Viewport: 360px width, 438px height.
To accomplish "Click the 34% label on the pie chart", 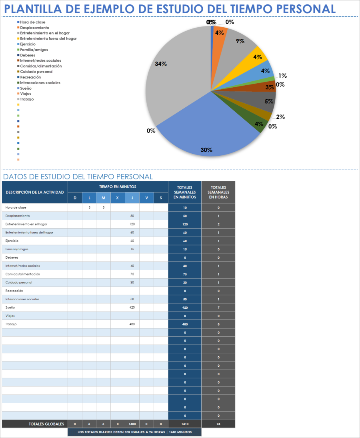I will pyautogui.click(x=161, y=64).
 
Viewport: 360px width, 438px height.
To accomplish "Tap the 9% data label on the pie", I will pyautogui.click(x=240, y=41).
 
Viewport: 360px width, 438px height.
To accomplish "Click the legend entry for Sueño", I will pyautogui.click(x=26, y=88).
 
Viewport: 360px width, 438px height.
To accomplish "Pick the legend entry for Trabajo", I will pyautogui.click(x=27, y=99).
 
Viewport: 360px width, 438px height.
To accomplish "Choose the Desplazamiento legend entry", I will pyautogui.click(x=34, y=28).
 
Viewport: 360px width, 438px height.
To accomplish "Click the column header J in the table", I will pyautogui.click(x=132, y=198).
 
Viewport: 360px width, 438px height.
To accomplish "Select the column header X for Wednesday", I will pyautogui.click(x=118, y=198).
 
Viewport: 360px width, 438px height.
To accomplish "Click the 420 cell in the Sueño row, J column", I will pyautogui.click(x=132, y=307).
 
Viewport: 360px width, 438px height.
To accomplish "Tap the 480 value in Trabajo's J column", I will pyautogui.click(x=132, y=324).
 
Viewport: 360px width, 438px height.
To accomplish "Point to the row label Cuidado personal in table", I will pyautogui.click(x=19, y=282).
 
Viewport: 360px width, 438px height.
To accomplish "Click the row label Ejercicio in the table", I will pyautogui.click(x=12, y=241).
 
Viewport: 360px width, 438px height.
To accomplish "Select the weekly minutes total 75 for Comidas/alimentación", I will pyautogui.click(x=185, y=274).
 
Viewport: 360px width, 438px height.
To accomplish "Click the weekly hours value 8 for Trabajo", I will pyautogui.click(x=218, y=324).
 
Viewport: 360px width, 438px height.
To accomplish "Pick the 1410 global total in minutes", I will pyautogui.click(x=185, y=424).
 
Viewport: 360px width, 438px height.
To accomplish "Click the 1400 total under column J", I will pyautogui.click(x=132, y=424).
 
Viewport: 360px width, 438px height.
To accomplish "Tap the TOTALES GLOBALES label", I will pyautogui.click(x=46, y=424).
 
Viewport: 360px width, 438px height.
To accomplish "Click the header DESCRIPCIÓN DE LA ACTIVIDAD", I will pyautogui.click(x=35, y=192).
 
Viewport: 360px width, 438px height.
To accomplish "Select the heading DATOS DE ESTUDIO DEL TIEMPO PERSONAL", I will pyautogui.click(x=78, y=177).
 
